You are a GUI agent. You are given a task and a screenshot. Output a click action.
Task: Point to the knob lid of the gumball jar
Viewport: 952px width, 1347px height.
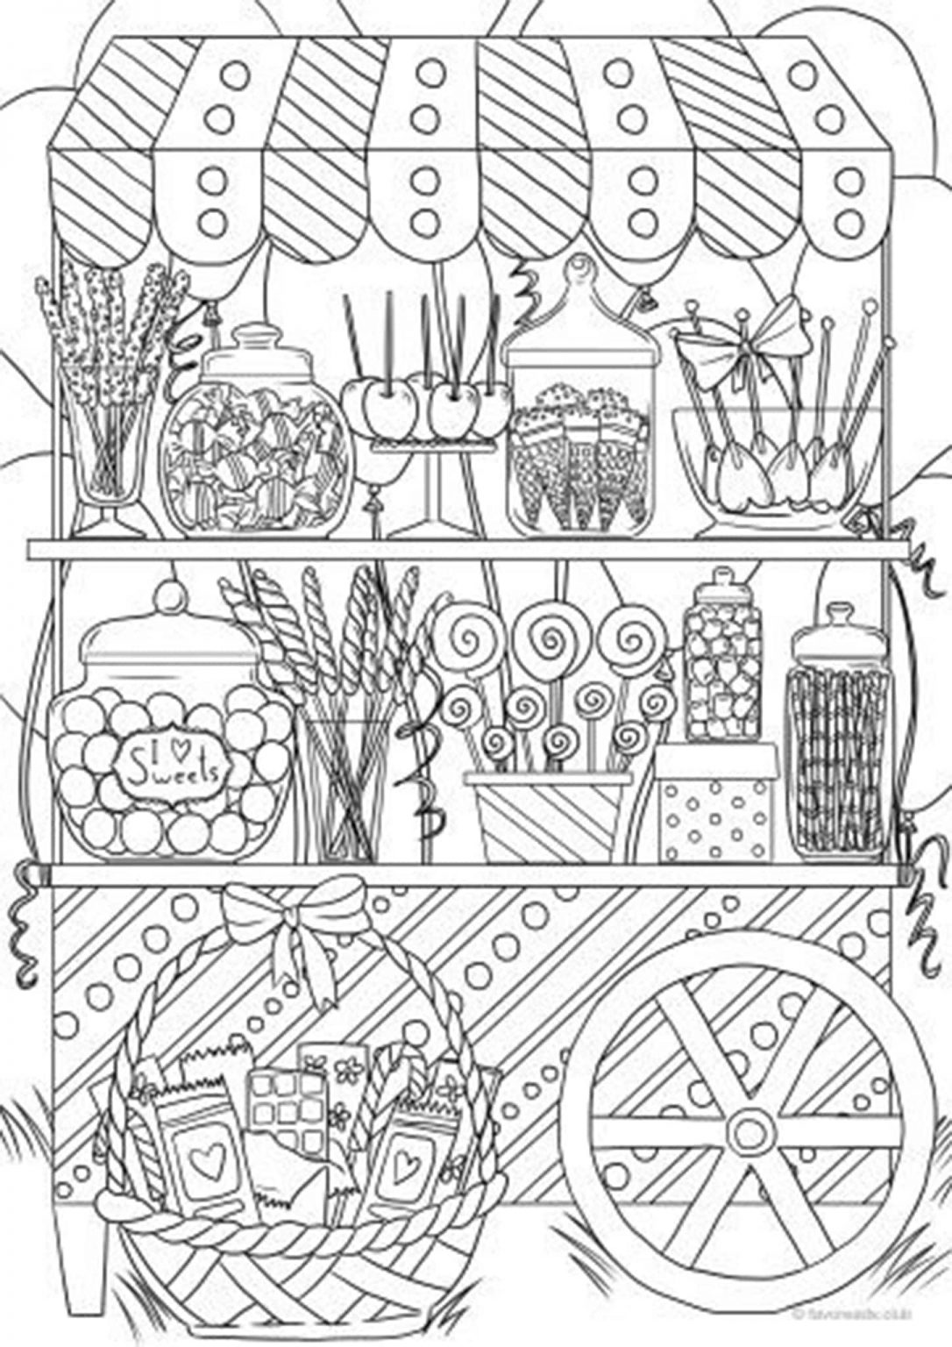(168, 600)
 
